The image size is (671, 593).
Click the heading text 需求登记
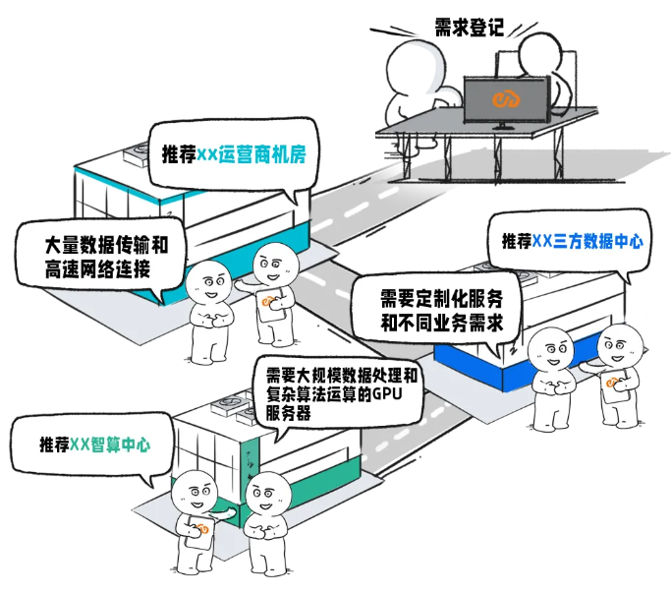469,27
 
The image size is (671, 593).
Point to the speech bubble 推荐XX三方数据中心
572,240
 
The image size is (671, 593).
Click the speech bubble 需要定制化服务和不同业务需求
436,309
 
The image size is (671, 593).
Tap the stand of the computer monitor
504,124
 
